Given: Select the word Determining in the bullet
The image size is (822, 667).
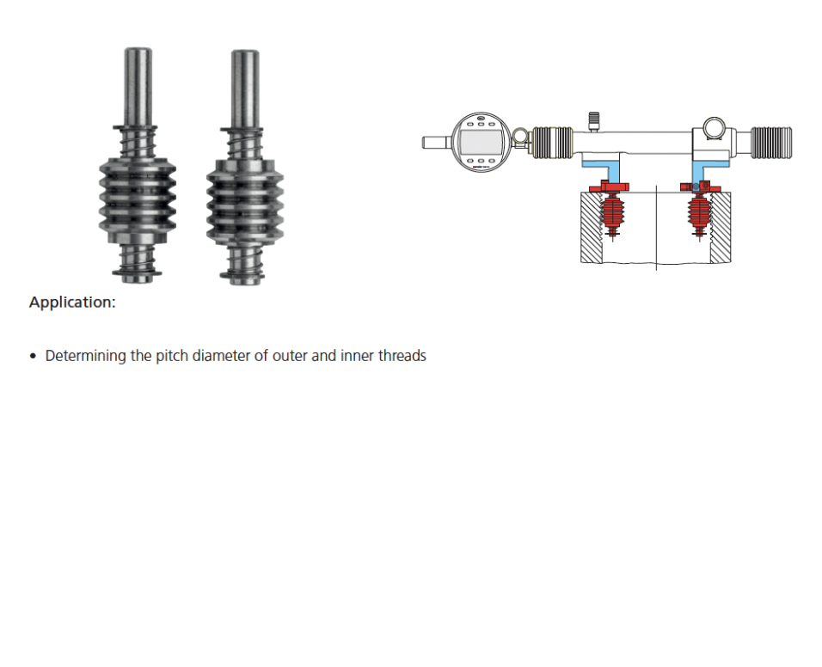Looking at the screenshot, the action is pyautogui.click(x=86, y=356).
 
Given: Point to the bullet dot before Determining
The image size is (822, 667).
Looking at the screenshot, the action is pyautogui.click(x=34, y=357).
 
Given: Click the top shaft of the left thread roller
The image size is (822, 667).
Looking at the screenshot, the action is pyautogui.click(x=138, y=87).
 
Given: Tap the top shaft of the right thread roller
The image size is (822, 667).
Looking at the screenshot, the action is pyautogui.click(x=245, y=89).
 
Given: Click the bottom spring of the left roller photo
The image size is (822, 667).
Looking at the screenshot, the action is pyautogui.click(x=138, y=260).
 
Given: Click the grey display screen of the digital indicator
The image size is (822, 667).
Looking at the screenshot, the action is pyautogui.click(x=481, y=141).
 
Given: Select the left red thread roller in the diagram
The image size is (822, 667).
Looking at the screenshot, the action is pyautogui.click(x=612, y=212).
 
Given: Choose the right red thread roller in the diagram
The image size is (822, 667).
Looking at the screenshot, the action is pyautogui.click(x=699, y=212).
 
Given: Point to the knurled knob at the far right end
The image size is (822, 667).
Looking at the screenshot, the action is pyautogui.click(x=771, y=143).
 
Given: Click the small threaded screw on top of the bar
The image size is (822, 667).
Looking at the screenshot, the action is pyautogui.click(x=593, y=121).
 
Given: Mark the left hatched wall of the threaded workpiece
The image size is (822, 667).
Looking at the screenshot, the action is pyautogui.click(x=592, y=227).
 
